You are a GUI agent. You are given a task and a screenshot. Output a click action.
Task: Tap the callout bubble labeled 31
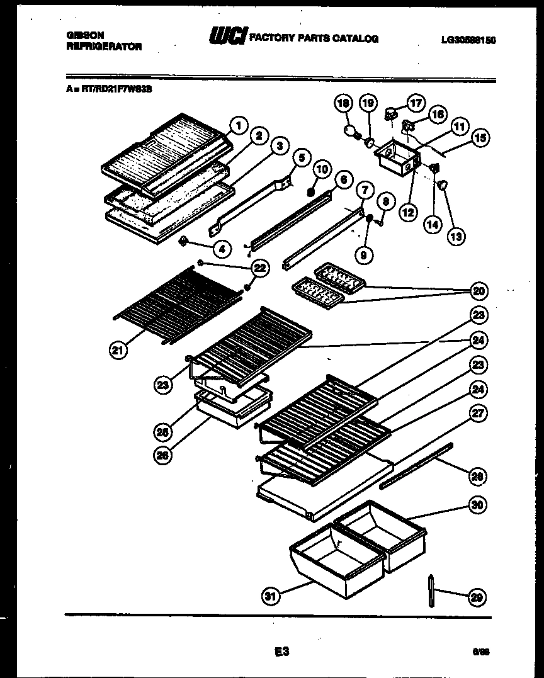pos(271,597)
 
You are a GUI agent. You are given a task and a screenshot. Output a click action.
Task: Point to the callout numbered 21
pos(118,350)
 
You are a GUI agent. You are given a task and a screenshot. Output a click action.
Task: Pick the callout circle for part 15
pos(482,137)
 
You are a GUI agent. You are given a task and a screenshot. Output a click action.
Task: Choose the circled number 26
pos(164,458)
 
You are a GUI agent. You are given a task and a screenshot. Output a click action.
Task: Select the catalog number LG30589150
pos(468,40)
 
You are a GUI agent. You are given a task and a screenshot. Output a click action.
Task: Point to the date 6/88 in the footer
pos(480,653)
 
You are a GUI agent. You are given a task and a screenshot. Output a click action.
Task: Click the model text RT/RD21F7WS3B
pos(111,89)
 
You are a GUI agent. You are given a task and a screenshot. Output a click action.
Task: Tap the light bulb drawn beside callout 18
pos(350,131)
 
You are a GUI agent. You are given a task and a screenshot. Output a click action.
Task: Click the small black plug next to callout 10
pos(310,191)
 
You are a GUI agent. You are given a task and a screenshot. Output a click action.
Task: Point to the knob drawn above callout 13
pos(443,184)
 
